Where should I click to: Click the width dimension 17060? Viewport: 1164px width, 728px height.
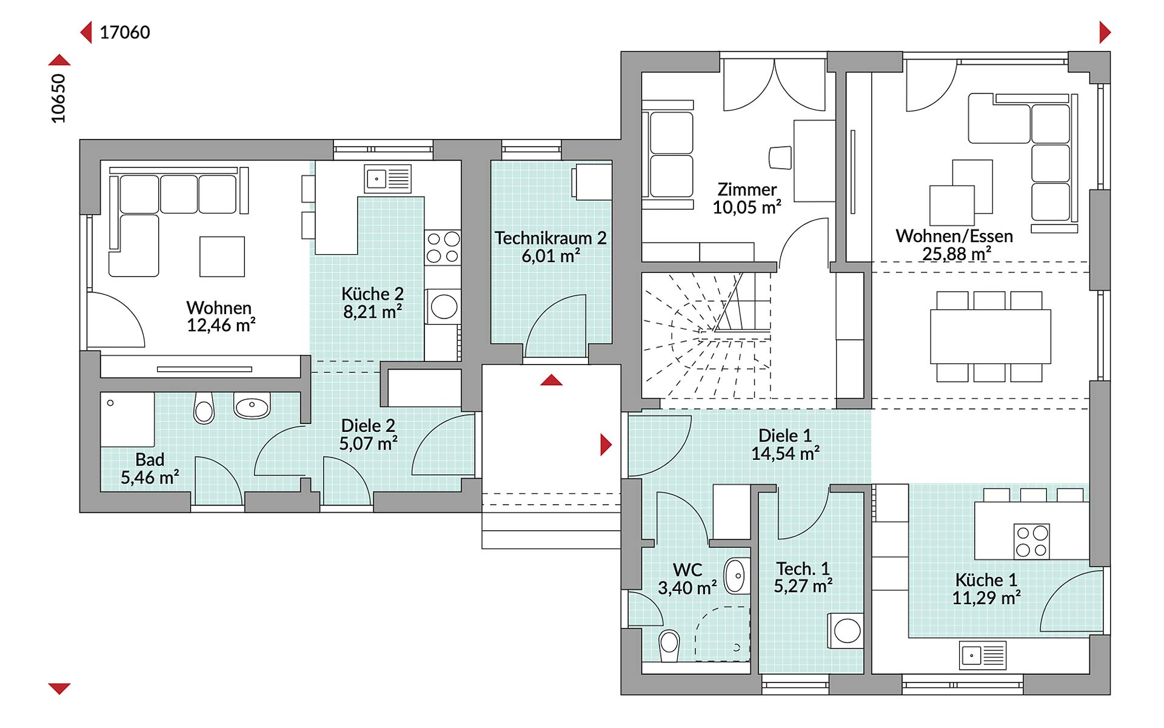coord(125,32)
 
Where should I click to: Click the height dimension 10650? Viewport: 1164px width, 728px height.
coord(58,99)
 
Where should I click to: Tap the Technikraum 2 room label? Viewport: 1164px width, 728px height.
coord(550,238)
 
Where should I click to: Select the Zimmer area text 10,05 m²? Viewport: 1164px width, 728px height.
coord(747,207)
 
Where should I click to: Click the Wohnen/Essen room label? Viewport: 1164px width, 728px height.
coord(954,235)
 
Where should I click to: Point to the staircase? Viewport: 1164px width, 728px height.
coord(707,335)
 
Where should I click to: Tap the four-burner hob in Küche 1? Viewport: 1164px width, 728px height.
coord(1032,541)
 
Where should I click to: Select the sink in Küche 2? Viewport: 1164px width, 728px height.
coord(387,178)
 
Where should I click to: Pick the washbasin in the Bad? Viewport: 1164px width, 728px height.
coord(252,405)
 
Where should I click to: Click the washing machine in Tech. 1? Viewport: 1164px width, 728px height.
coord(846,631)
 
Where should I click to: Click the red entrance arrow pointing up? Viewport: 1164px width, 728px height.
coord(551,380)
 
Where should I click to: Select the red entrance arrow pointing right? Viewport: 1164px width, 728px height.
coord(606,445)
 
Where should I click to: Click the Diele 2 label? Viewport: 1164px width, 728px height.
coord(368,425)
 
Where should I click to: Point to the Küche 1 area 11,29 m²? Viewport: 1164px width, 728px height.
coord(986,598)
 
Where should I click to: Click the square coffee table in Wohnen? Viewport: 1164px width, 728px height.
coord(222,257)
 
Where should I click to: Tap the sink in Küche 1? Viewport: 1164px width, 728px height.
coord(983,656)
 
